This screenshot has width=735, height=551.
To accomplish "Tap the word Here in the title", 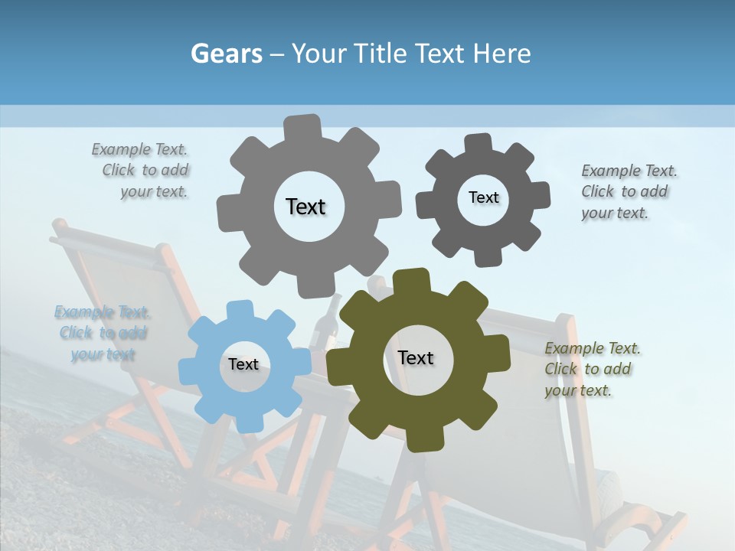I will click(501, 54).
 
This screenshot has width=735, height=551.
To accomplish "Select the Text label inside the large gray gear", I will click(305, 207).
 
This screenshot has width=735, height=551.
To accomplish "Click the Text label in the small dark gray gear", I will click(483, 197).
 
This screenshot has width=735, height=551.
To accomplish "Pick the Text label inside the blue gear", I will click(243, 364).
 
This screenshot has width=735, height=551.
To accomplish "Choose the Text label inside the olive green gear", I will click(416, 357).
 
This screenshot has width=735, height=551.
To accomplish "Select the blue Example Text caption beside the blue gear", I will click(103, 333).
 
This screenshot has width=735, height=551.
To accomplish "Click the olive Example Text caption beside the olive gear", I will click(592, 369).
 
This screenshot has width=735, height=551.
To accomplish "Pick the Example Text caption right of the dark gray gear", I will click(628, 191).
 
